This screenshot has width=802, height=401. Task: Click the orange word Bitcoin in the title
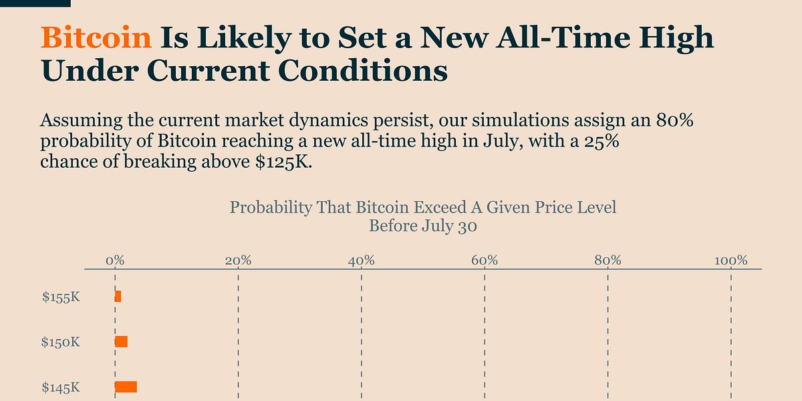96,38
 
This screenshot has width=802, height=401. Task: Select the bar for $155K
118,296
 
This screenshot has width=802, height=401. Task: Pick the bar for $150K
121,342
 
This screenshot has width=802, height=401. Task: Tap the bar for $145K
126,386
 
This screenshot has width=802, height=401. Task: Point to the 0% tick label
115,260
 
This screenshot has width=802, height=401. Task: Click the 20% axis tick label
238,260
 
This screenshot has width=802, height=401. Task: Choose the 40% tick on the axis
361,260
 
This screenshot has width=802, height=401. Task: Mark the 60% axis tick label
485,260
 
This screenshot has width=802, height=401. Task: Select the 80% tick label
608,260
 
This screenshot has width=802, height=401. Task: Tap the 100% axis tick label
730,260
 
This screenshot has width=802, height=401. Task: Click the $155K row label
61,297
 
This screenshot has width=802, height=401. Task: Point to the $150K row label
61,342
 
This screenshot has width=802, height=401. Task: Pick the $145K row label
61,387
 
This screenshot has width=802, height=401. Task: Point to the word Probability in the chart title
271,207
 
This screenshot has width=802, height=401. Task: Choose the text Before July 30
423,226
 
